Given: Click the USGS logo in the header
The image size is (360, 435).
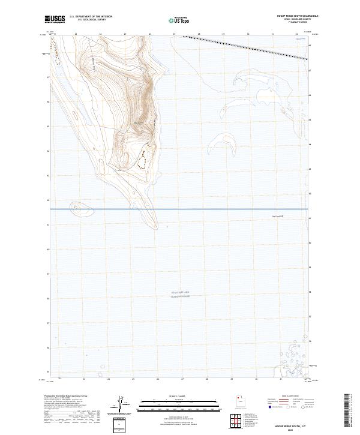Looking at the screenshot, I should [x=55, y=19].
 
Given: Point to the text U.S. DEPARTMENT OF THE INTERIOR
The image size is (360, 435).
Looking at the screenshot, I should [x=91, y=17].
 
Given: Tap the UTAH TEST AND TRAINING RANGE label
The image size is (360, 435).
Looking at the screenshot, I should [x=179, y=295].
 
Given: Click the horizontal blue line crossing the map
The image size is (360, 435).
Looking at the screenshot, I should [x=180, y=209].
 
